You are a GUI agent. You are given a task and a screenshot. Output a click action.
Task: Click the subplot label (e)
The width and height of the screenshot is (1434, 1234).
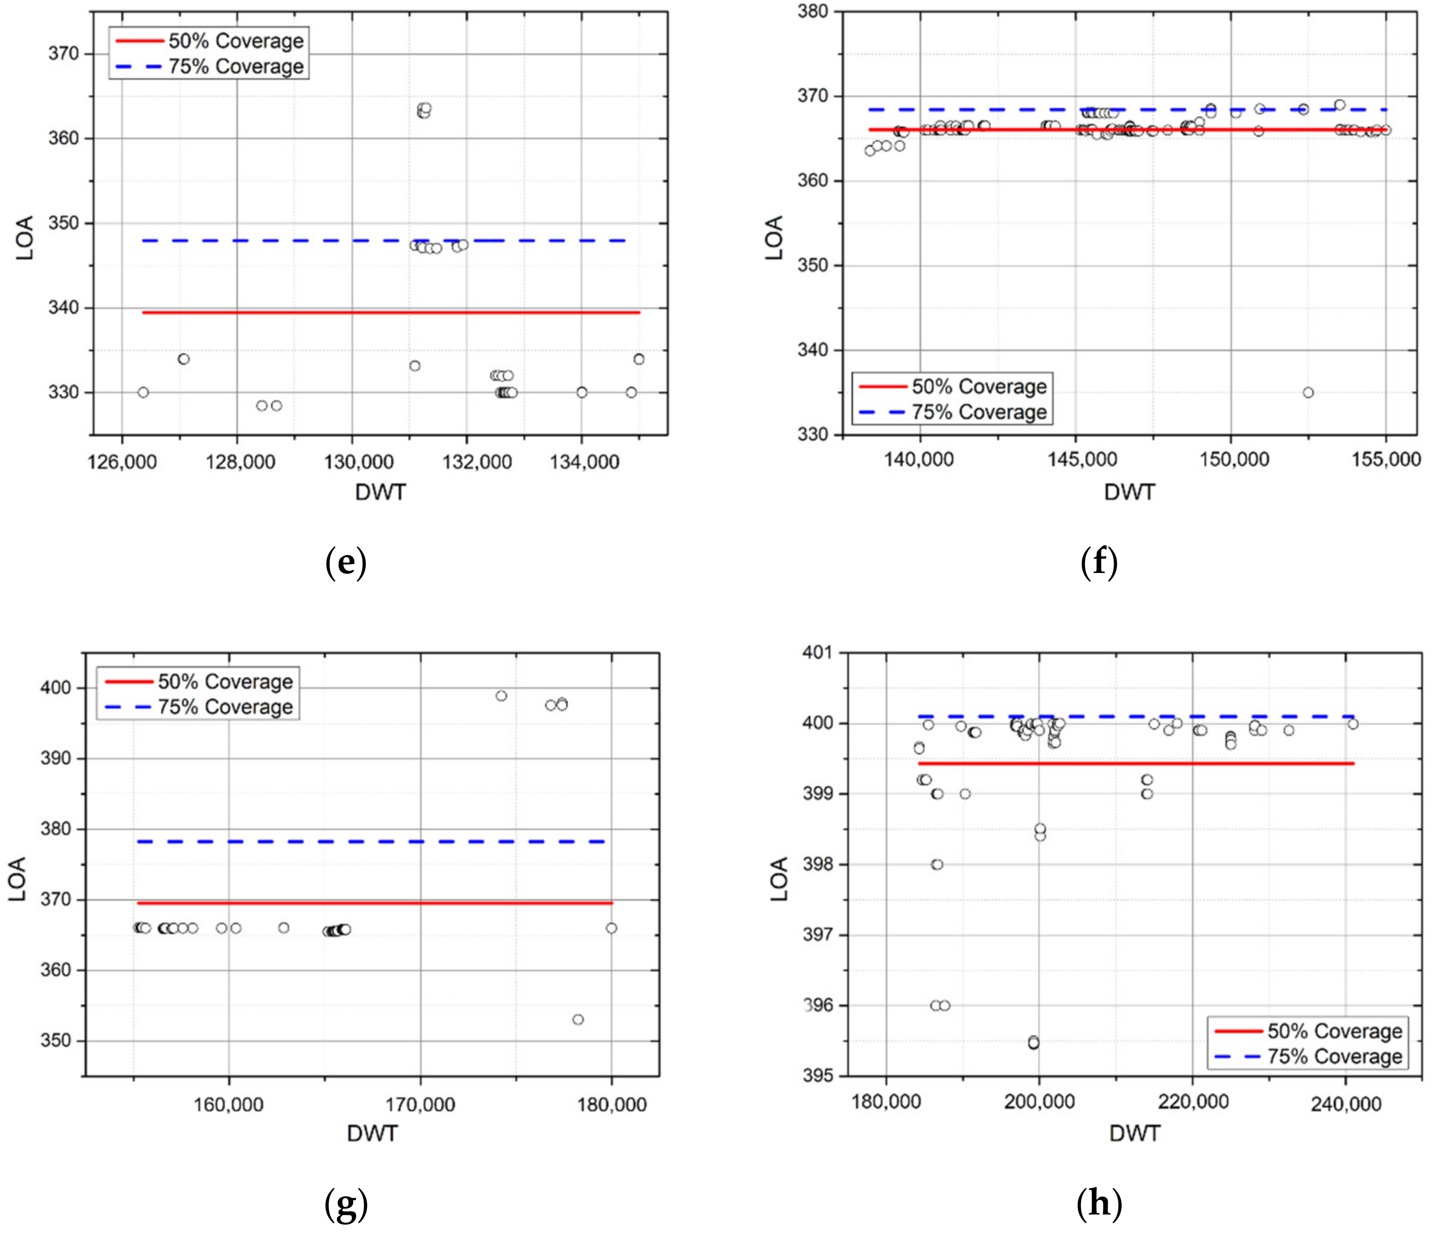click(345, 563)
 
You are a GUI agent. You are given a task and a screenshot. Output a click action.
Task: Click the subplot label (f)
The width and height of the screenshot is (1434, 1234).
click(1099, 563)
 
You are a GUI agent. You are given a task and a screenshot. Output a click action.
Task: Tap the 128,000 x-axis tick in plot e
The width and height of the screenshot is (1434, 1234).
click(240, 462)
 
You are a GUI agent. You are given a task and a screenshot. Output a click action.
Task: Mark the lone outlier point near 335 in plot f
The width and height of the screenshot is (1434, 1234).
click(1307, 392)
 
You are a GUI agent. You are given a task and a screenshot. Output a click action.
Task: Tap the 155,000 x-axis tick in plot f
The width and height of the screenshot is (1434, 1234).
click(1385, 459)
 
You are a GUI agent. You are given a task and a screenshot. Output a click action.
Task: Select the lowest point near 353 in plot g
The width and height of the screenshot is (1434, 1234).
click(578, 1019)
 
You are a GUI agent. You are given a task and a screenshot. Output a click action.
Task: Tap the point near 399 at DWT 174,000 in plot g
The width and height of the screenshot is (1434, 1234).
click(501, 696)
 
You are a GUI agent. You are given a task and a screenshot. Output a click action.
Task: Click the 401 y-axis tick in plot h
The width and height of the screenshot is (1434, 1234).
click(817, 652)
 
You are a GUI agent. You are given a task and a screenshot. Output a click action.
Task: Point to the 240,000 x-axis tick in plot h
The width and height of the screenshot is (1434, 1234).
click(1345, 1103)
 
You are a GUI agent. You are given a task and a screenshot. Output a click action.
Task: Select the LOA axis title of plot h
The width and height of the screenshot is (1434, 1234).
click(779, 879)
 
